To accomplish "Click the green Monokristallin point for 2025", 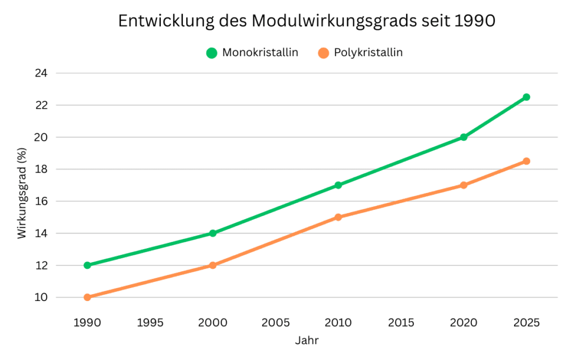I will coord(526,97).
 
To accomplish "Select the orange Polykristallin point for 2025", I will coord(526,161).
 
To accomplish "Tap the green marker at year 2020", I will coord(463,137).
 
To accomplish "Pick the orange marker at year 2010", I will coord(338,217).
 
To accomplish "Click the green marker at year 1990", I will coord(87,265).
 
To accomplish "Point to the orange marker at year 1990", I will coord(87,297).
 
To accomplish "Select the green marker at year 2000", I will coord(213,233).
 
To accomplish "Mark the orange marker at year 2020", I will coord(463,185).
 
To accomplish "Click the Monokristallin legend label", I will coord(260,53).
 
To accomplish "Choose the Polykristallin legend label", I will coord(368,53).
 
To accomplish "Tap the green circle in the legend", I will coord(211,53).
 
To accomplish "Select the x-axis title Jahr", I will coord(307,341).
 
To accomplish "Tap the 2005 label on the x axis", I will coord(276,323).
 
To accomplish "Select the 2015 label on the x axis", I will coord(401,323).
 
